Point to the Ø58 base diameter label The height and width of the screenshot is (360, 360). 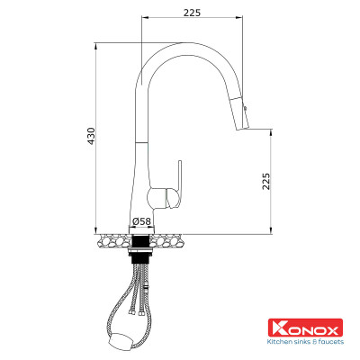pos(141,220)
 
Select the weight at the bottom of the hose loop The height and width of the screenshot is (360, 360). pos(120,338)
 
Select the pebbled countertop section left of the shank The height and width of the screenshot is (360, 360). pos(112,239)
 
